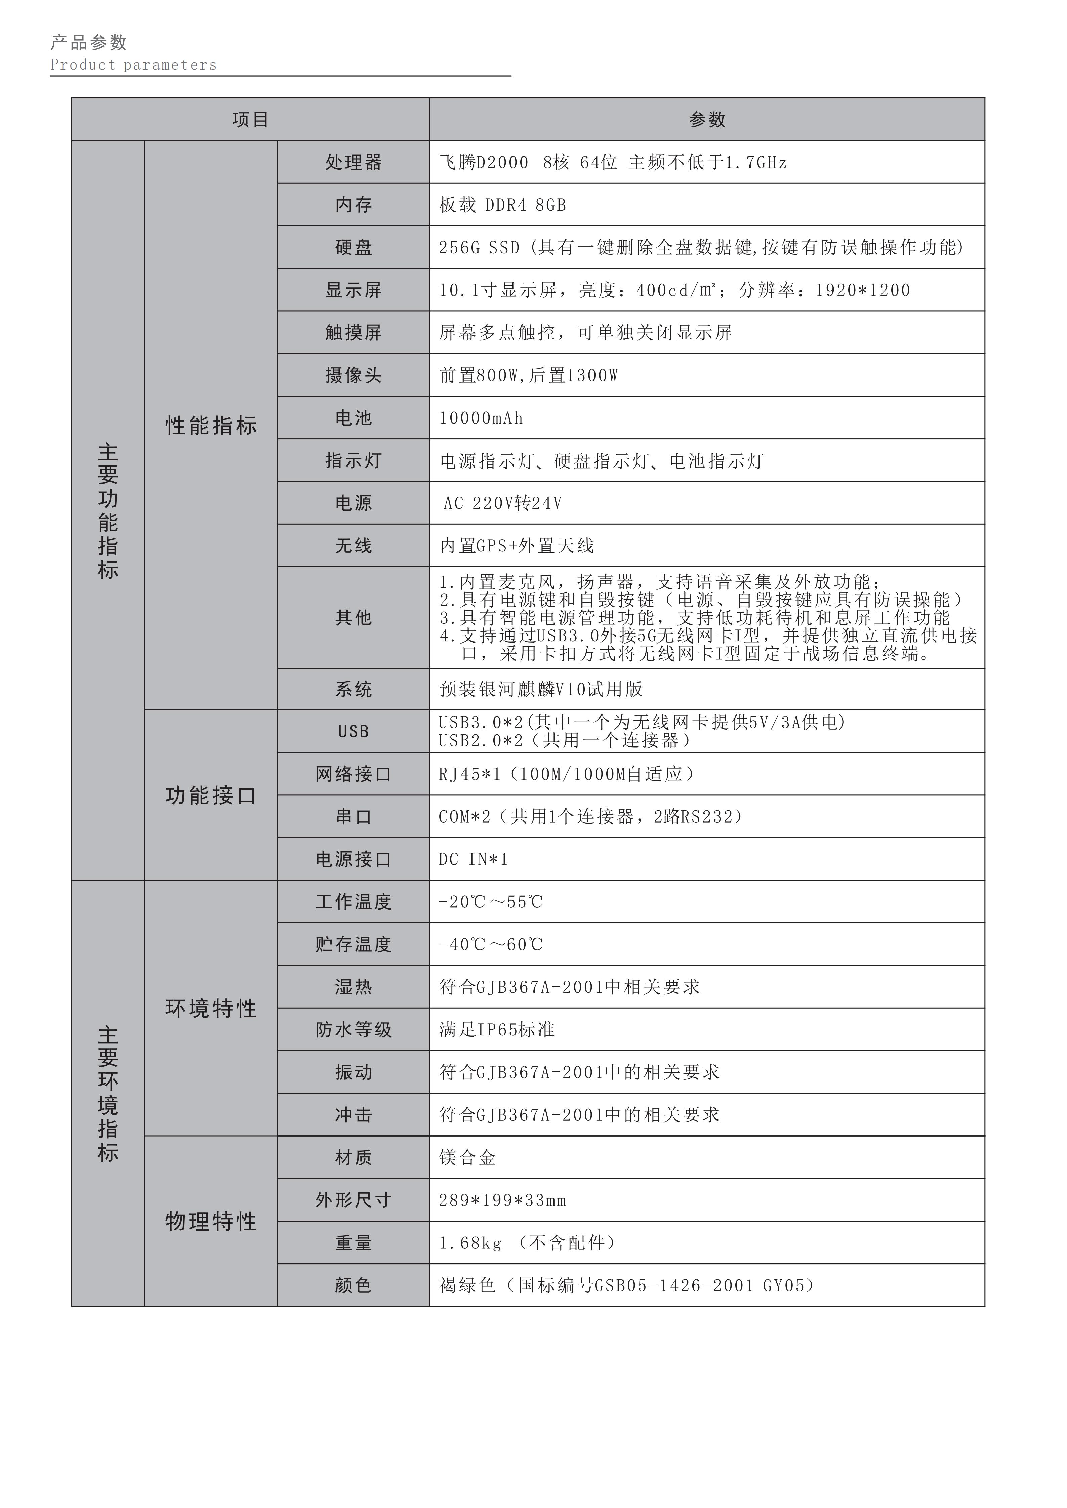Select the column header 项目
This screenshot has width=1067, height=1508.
(250, 120)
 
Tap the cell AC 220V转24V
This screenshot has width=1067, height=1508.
(503, 503)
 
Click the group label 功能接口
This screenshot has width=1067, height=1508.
(211, 795)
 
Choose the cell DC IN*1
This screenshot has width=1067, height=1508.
(473, 859)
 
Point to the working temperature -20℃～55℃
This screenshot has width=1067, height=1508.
(491, 902)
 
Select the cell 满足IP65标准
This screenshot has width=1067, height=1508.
(497, 1029)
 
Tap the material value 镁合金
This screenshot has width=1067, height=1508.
(467, 1157)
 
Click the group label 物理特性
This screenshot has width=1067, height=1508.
(211, 1221)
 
